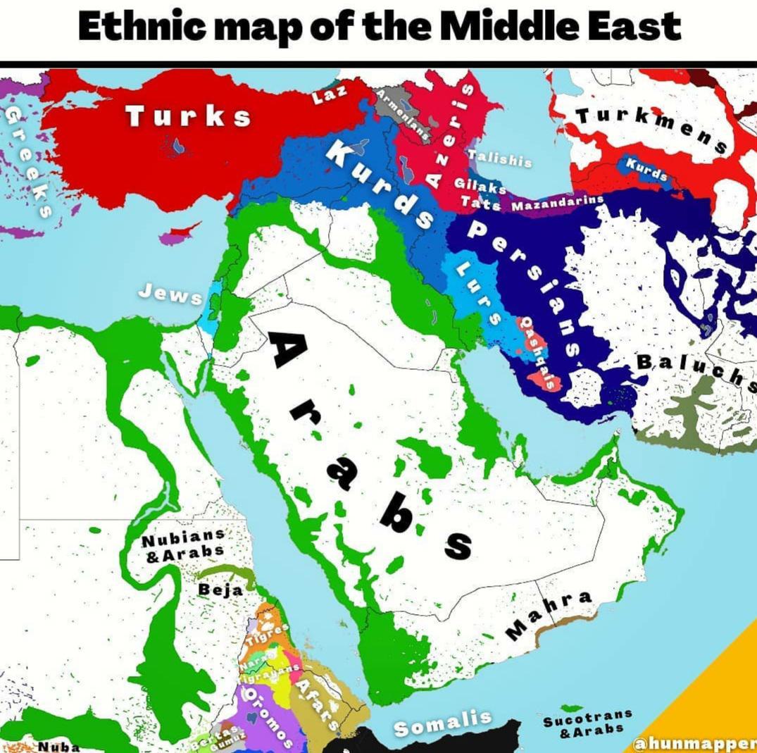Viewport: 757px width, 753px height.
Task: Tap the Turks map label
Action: [188, 116]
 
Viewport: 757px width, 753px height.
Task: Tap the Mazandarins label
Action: [557, 204]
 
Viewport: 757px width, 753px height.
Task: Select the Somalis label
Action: [442, 723]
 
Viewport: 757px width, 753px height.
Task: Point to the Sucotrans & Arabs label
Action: [587, 723]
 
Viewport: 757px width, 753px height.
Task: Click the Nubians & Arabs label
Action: [184, 545]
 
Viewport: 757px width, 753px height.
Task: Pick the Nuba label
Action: [58, 746]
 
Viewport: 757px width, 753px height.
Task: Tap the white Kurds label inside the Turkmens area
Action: [646, 168]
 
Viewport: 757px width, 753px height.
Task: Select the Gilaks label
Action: [480, 186]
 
